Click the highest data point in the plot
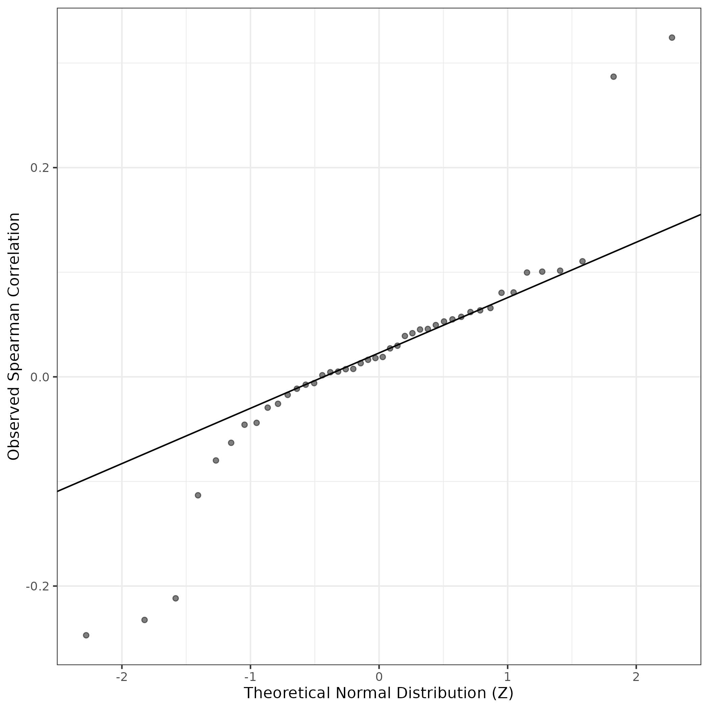pyautogui.click(x=672, y=37)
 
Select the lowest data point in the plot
pyautogui.click(x=86, y=635)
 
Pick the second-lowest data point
pyautogui.click(x=145, y=620)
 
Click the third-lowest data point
pyautogui.click(x=176, y=598)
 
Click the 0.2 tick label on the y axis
pyautogui.click(x=39, y=168)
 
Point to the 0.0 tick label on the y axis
pyautogui.click(x=39, y=377)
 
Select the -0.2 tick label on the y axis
pyautogui.click(x=37, y=586)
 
